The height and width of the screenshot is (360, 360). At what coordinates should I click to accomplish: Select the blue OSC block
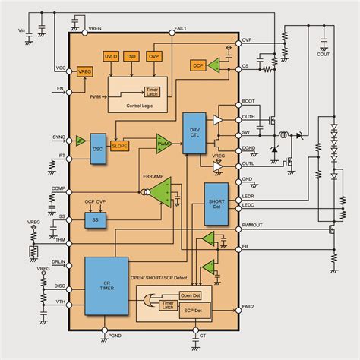click(97, 144)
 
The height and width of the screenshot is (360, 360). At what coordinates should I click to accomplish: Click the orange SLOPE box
click(119, 145)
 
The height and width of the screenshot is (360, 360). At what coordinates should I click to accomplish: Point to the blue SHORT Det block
click(216, 203)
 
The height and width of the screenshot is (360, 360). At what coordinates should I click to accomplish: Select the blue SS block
click(95, 219)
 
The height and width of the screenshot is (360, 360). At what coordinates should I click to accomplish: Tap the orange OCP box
click(198, 65)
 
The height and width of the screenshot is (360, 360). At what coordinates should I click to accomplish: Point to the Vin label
click(21, 30)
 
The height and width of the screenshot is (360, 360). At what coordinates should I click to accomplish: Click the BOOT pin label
click(248, 102)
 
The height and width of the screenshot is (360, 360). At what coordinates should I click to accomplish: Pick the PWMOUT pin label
click(252, 226)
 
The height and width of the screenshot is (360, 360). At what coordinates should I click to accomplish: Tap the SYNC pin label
click(58, 137)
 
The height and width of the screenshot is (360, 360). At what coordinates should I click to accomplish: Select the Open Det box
click(189, 295)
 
